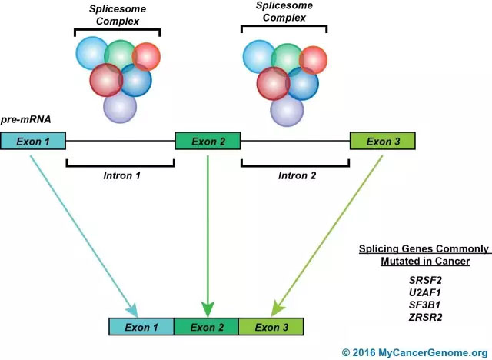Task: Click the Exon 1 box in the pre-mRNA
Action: pos(33,141)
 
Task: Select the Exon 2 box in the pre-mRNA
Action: pos(208,141)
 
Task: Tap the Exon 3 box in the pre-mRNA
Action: pos(383,141)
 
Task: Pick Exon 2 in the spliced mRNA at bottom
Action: pos(207,327)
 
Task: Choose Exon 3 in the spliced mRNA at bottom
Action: pos(272,327)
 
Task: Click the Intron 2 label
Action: pos(295,175)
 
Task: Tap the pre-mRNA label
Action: pos(25,121)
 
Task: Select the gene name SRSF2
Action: pos(424,280)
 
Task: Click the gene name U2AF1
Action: pos(424,292)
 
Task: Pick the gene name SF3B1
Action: pos(424,305)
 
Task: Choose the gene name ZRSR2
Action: pos(424,317)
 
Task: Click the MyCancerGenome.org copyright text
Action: pos(414,352)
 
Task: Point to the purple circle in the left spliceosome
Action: pos(120,106)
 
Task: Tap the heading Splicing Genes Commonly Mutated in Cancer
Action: pos(424,255)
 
